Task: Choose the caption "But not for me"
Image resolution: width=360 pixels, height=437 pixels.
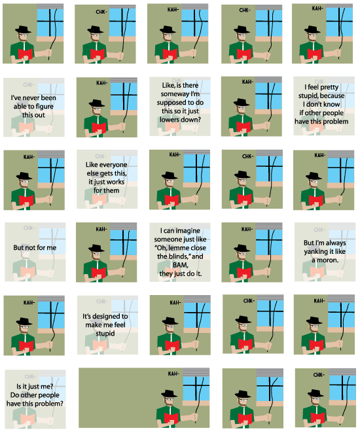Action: click(x=35, y=249)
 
